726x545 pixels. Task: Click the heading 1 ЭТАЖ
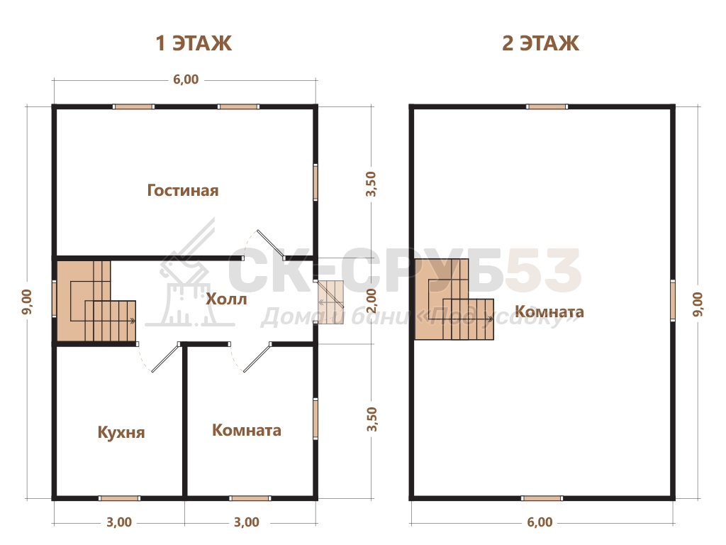click(x=194, y=43)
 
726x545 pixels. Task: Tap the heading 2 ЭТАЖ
click(x=540, y=43)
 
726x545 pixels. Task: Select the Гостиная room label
click(x=183, y=190)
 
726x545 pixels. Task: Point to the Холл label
click(x=226, y=299)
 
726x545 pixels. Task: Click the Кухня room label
click(x=121, y=432)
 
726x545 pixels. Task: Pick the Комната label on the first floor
click(x=247, y=430)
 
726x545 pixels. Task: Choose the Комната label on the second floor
click(x=549, y=312)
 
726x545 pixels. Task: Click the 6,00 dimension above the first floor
click(x=186, y=79)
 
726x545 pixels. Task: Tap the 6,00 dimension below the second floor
click(x=540, y=522)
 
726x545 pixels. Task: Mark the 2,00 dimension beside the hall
click(x=372, y=301)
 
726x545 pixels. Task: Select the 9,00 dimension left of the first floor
click(x=27, y=302)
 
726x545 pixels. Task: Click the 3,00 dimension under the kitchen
click(x=119, y=522)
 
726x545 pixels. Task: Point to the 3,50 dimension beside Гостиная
click(x=371, y=184)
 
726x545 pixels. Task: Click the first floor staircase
click(x=96, y=301)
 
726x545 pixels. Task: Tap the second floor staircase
click(x=454, y=299)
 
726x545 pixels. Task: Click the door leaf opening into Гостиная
click(x=270, y=244)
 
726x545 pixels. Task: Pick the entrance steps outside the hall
click(x=330, y=302)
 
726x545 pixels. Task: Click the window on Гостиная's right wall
click(x=315, y=182)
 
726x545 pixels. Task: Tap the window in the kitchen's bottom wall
click(x=119, y=498)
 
